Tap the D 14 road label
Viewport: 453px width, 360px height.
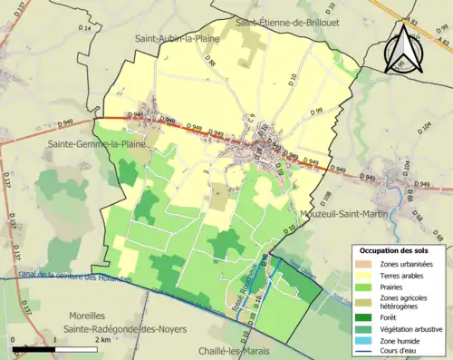click(x=86, y=30)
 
